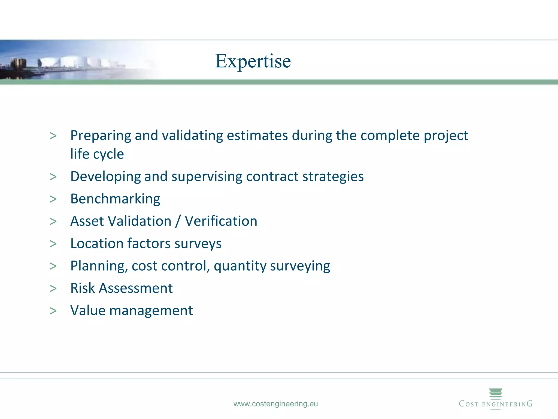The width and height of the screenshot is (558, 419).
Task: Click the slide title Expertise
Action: coord(253,61)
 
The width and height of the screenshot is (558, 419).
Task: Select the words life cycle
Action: coord(97,154)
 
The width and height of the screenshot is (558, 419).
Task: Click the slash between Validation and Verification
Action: coord(178,221)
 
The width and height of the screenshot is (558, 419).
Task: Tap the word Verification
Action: coord(221,221)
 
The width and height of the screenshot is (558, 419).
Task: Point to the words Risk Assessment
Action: coord(122,288)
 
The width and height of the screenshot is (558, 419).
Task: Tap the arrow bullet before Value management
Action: coord(53,311)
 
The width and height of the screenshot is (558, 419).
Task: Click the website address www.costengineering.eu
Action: coord(275,404)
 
